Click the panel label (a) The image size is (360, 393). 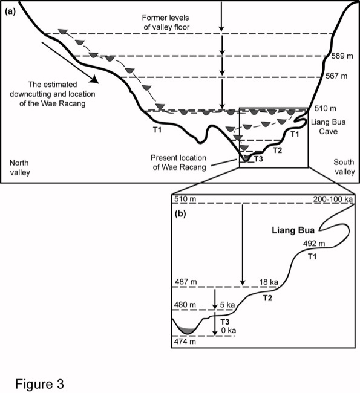[x=10, y=11]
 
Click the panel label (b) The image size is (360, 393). [x=180, y=213]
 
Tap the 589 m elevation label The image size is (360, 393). [x=342, y=56]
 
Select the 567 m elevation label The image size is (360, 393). [x=336, y=76]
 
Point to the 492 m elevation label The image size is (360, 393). [x=314, y=244]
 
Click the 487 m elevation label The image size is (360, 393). [x=185, y=282]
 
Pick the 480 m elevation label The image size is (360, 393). [x=185, y=305]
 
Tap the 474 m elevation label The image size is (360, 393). [x=185, y=342]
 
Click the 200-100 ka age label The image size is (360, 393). [x=333, y=200]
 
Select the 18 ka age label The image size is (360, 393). [x=269, y=282]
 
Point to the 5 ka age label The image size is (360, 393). [x=227, y=305]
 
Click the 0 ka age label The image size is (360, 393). [x=229, y=330]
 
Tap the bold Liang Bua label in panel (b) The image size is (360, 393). [x=293, y=230]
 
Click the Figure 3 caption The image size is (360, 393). [x=40, y=384]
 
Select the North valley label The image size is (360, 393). [x=19, y=167]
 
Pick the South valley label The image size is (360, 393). [x=344, y=167]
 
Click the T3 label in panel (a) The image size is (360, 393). [x=258, y=158]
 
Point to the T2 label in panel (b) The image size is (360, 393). [x=267, y=298]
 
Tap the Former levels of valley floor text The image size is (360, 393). [x=166, y=22]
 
